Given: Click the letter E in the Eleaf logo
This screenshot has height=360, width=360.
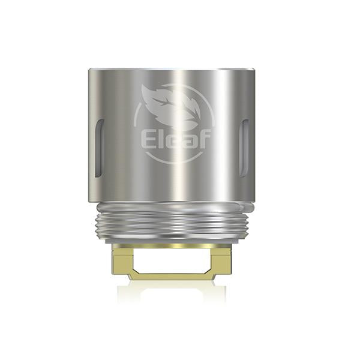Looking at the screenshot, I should pyautogui.click(x=148, y=139).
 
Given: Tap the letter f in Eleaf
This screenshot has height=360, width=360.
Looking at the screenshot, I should pyautogui.click(x=204, y=139).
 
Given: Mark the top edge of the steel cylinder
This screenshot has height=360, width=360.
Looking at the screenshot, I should pyautogui.click(x=174, y=70).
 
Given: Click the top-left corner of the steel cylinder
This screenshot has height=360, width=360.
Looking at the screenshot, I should pyautogui.click(x=89, y=71).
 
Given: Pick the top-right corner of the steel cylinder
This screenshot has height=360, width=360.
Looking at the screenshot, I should pyautogui.click(x=255, y=71).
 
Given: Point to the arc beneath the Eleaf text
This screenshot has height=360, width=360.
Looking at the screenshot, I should pyautogui.click(x=174, y=159).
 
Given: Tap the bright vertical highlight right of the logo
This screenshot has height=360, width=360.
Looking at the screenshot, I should pyautogui.click(x=225, y=138).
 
